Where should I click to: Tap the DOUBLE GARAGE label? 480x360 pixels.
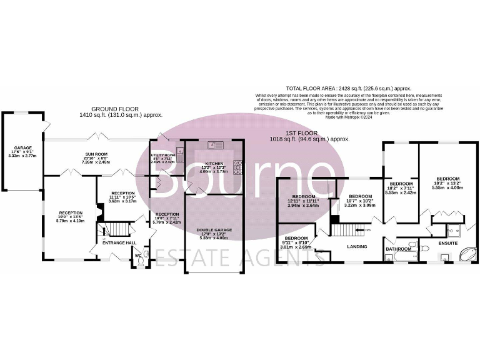[214, 230]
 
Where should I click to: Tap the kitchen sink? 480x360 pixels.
[216, 145]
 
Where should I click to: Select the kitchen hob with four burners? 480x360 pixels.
[237, 166]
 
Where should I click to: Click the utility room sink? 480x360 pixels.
[179, 151]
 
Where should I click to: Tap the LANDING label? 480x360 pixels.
[357, 246]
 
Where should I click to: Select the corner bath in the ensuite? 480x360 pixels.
[466, 254]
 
